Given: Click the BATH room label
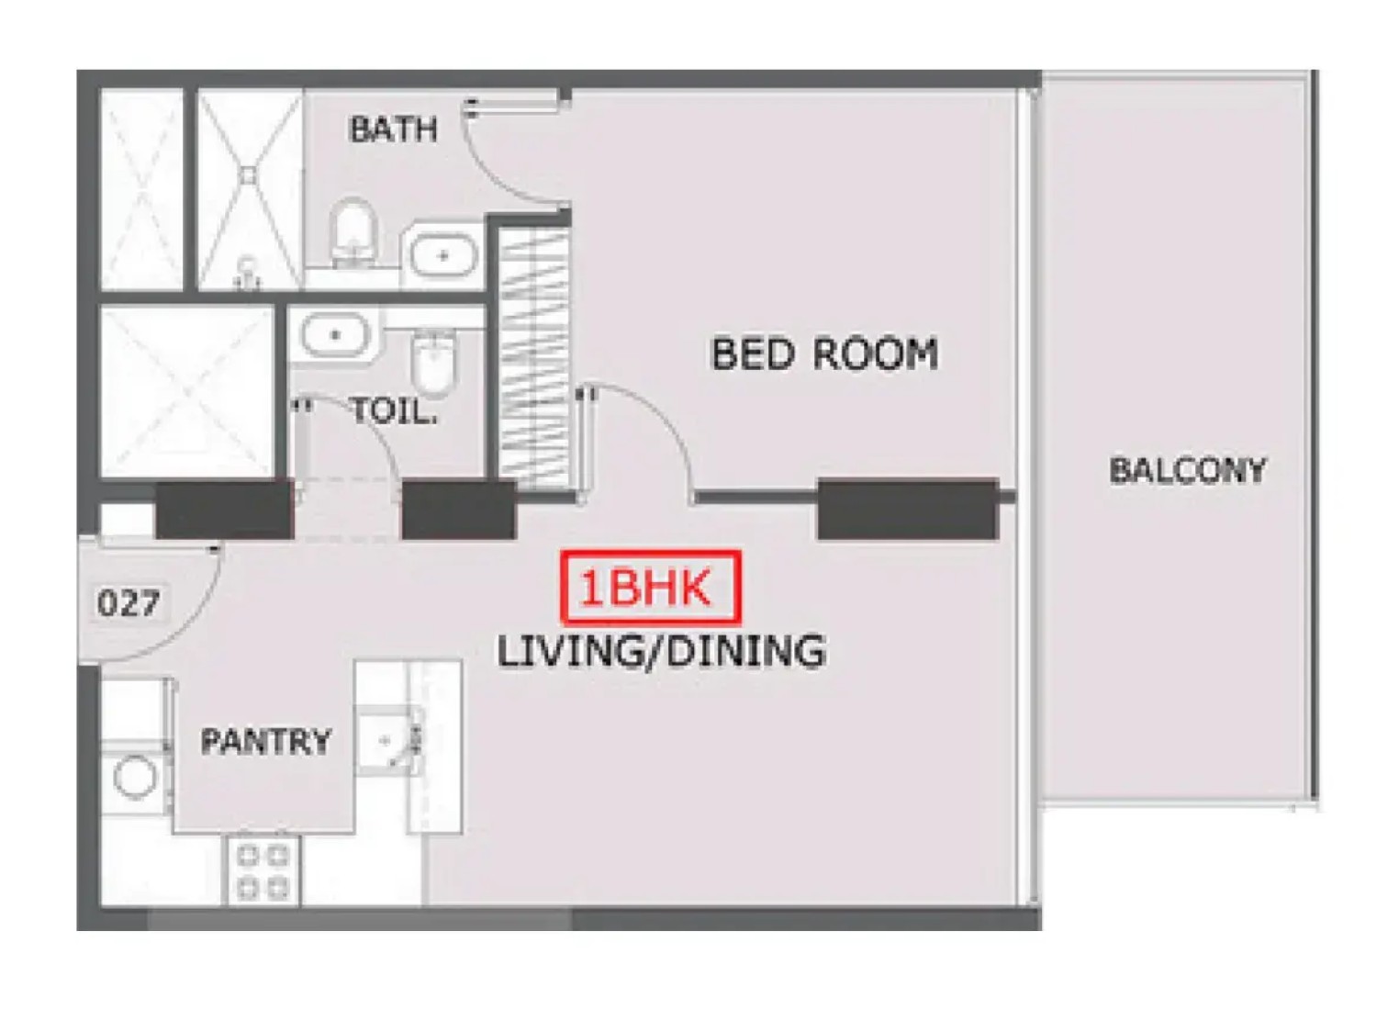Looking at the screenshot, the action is [393, 129].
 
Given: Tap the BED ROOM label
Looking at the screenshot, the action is [825, 353].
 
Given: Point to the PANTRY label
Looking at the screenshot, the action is [265, 741].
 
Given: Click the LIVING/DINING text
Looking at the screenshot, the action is [661, 651].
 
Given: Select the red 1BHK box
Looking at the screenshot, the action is [652, 588].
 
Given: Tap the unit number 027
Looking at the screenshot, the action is [129, 603].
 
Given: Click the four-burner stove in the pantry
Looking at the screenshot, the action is [264, 870].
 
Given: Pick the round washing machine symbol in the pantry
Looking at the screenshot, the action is [135, 777].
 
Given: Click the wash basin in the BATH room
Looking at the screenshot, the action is [443, 255].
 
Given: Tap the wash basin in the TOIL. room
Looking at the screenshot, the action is [335, 335].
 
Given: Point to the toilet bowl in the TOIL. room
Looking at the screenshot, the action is [435, 363].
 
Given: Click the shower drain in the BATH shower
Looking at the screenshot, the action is [249, 174].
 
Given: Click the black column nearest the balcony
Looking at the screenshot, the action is [908, 509].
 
